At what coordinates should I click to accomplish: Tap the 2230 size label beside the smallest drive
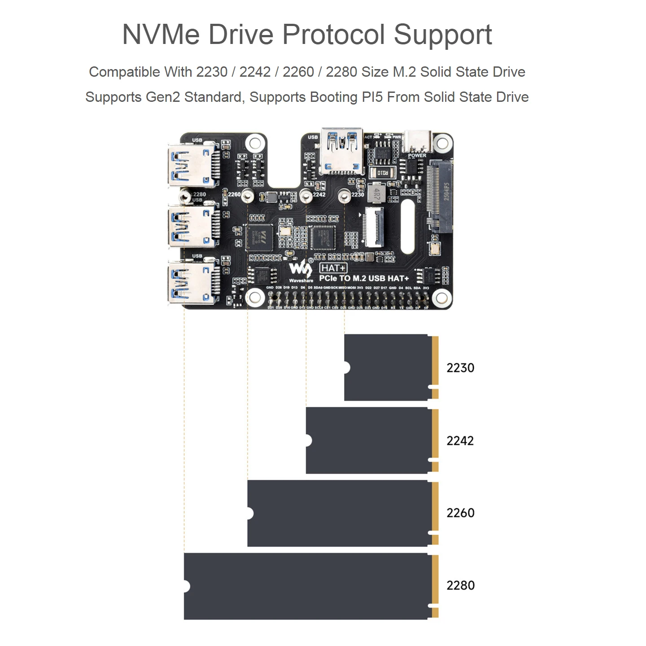coord(460,368)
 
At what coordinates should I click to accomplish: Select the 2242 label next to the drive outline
coord(460,441)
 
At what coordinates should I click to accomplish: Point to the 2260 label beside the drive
coord(460,513)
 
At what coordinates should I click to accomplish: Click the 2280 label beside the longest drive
coord(460,585)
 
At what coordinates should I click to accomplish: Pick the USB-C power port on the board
coord(417,142)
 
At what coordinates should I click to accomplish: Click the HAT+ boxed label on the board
coord(333,268)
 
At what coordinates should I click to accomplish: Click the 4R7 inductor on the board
coord(376,193)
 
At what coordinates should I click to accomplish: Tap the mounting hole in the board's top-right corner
coord(442,144)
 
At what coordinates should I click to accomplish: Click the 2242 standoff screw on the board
coord(306,196)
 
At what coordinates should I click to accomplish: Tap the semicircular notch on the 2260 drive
coord(250,514)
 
